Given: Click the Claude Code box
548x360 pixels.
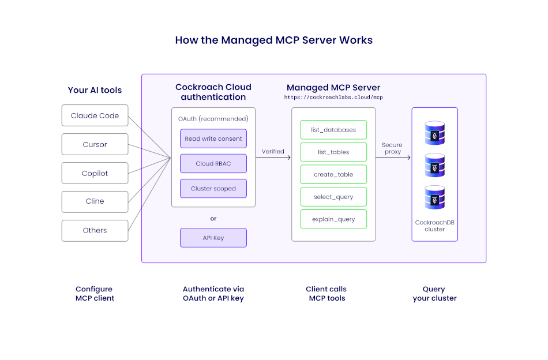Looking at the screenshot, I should pos(95,115).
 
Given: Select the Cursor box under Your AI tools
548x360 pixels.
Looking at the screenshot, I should pos(95,144).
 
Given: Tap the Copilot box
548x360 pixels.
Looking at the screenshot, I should pos(95,173).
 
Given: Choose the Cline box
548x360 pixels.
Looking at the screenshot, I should pos(95,201).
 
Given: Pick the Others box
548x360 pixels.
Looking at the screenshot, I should pos(95,230).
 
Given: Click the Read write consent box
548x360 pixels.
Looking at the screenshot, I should pos(213,138).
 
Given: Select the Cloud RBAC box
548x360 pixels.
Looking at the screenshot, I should pos(213,163).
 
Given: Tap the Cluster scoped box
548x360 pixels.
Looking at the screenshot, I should pos(213,189).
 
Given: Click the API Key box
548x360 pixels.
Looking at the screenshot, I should pos(213,238).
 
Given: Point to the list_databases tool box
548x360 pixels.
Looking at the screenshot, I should pos(333,130).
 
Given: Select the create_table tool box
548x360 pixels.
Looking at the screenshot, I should pos(333,174).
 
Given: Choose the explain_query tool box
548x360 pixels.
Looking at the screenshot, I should pos(333,219).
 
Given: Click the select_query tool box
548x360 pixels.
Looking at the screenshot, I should pos(333,197).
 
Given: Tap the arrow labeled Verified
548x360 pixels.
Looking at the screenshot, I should pos(273,157).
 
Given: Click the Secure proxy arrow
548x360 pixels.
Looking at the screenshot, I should pos(393,157).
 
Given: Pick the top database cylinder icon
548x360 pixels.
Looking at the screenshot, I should pos(434,133).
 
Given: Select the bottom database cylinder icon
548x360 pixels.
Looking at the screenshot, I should pos(434,197).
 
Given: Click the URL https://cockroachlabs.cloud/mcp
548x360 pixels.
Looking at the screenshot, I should pos(333,97).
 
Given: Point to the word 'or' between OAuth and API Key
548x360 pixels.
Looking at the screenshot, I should pos(213,219).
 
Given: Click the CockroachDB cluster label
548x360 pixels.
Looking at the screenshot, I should pos(434,226).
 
